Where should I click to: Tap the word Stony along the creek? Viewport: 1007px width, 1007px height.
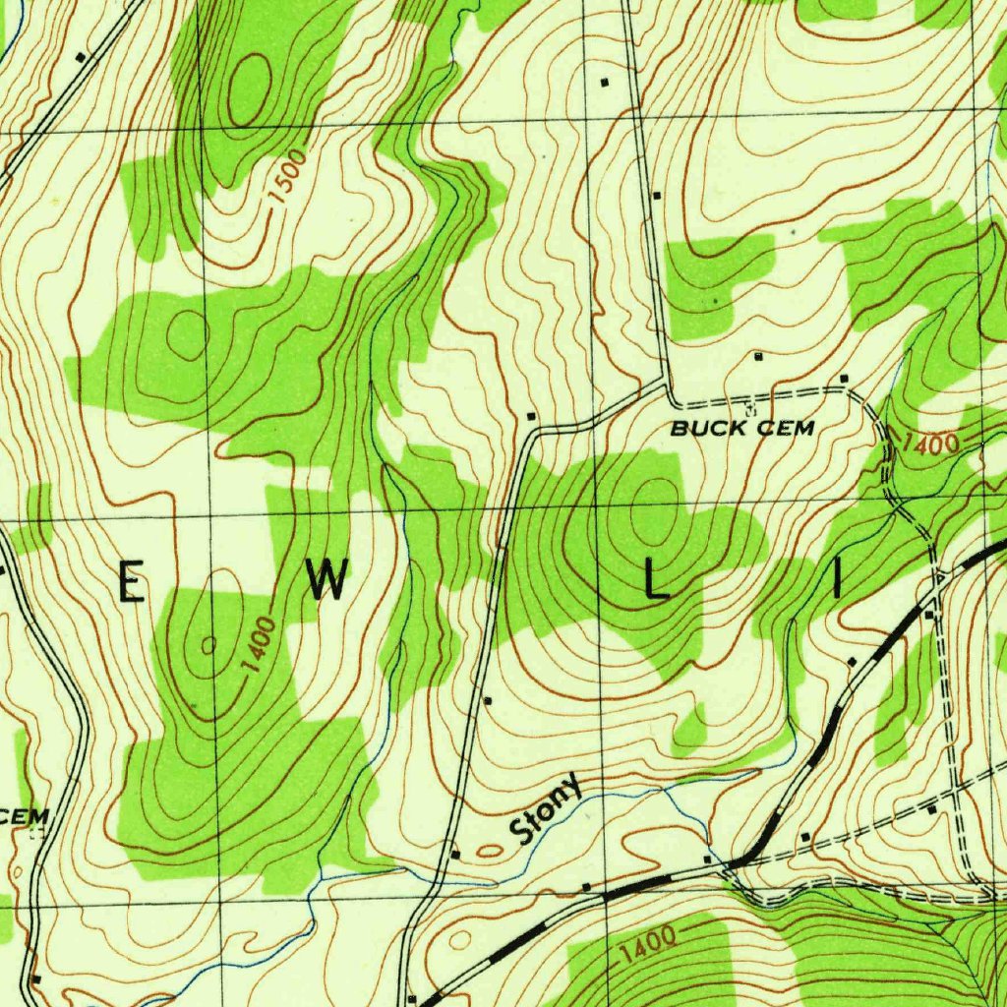click(x=547, y=813)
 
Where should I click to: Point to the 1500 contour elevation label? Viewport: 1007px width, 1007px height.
click(x=289, y=177)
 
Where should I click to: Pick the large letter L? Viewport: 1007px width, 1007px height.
click(x=655, y=583)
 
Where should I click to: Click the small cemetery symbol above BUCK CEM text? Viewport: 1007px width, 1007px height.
click(x=749, y=405)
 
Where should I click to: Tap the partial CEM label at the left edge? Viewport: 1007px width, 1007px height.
click(x=24, y=817)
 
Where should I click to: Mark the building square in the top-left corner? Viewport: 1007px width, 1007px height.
click(x=81, y=56)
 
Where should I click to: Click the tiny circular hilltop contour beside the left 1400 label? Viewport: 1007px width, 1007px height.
click(x=208, y=645)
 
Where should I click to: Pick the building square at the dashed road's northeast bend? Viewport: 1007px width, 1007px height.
click(x=844, y=379)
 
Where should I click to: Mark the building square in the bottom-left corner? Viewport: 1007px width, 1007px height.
click(x=34, y=979)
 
